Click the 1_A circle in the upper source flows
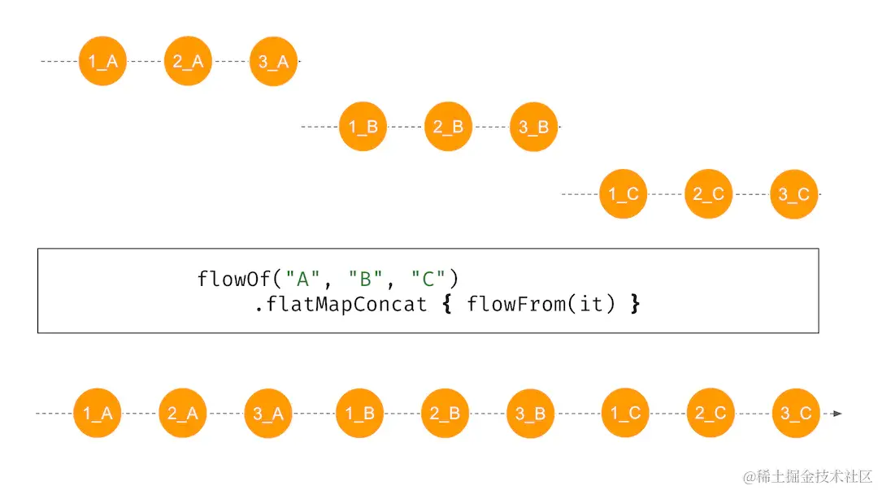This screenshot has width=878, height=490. click(x=102, y=60)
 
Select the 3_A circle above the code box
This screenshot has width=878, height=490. click(x=273, y=60)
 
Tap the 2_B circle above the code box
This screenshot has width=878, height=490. click(x=448, y=127)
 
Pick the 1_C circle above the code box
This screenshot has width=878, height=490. click(x=624, y=194)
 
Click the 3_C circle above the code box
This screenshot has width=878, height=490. click(x=793, y=194)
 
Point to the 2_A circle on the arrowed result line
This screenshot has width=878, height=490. click(x=183, y=414)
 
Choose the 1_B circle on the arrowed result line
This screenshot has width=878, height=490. click(x=359, y=414)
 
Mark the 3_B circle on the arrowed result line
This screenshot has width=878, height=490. click(x=530, y=414)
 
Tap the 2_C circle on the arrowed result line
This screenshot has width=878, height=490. click(x=710, y=414)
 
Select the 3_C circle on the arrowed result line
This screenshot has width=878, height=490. click(x=796, y=414)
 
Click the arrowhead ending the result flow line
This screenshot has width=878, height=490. click(x=837, y=414)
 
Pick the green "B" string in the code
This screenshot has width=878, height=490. click(x=364, y=280)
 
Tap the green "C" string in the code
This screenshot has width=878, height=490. click(x=428, y=280)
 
